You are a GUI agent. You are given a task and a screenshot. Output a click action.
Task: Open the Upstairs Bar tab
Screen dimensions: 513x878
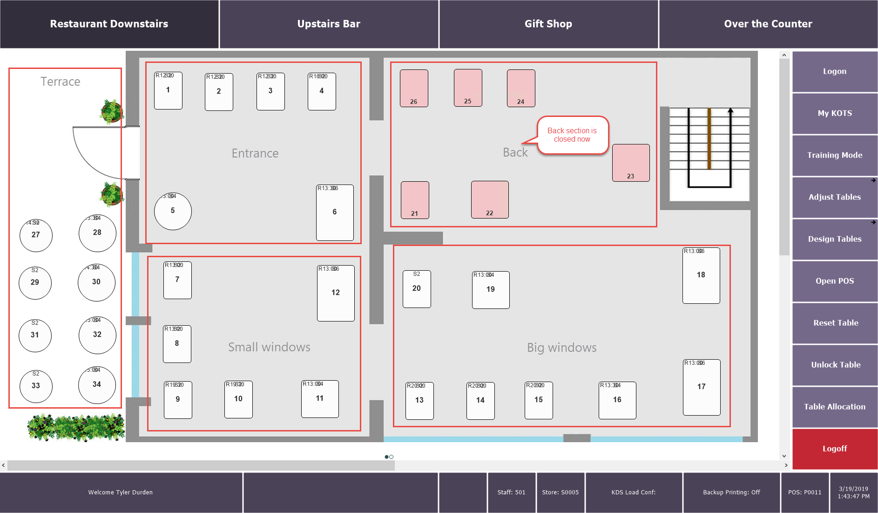tap(329, 24)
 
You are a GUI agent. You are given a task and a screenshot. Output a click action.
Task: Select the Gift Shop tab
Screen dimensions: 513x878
tap(548, 24)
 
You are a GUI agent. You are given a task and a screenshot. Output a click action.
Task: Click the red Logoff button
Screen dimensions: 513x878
tap(835, 449)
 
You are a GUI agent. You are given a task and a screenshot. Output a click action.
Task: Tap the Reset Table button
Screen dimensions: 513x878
tap(835, 323)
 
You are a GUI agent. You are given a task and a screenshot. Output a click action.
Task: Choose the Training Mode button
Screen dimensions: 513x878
tap(835, 155)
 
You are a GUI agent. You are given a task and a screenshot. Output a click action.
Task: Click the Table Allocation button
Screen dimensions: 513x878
tap(835, 407)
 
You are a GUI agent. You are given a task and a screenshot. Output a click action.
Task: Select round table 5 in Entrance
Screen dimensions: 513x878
tap(173, 211)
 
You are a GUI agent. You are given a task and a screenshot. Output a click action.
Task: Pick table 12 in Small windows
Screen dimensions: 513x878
tap(336, 293)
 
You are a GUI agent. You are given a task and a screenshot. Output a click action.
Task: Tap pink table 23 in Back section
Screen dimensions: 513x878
tap(631, 163)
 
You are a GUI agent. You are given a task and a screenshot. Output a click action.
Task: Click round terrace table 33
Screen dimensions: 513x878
tap(36, 386)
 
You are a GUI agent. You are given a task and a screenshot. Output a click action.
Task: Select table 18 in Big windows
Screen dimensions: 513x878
tap(701, 275)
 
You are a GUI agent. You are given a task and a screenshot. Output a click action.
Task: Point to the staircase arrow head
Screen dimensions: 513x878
tap(730, 111)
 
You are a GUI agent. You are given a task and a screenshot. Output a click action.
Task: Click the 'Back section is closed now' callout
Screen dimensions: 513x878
tap(572, 135)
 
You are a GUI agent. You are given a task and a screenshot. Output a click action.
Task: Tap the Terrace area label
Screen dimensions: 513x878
tap(61, 82)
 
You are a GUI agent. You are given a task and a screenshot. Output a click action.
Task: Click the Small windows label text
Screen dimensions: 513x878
tap(269, 347)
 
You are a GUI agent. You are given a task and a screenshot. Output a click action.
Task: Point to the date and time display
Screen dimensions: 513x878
tap(853, 492)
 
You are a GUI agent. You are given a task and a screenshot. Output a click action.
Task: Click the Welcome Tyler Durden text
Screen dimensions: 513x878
tap(121, 492)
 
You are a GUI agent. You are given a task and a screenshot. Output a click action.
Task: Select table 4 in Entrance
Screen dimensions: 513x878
tap(322, 91)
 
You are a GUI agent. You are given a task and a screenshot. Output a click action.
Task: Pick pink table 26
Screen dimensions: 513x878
tap(414, 88)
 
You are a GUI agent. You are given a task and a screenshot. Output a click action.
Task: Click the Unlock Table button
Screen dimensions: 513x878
tap(835, 365)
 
